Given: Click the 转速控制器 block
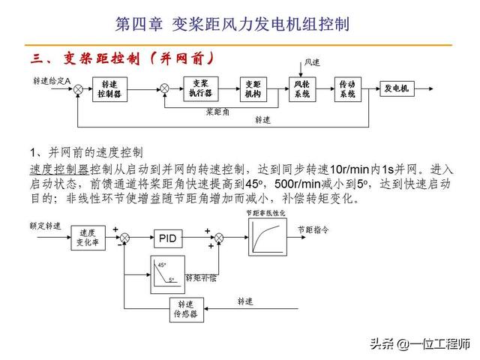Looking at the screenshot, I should click(109, 89).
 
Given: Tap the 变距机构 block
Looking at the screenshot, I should click(252, 89).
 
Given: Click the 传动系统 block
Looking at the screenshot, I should click(346, 89).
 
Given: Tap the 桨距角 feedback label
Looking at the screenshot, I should click(217, 112).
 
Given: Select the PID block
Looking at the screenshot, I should click(168, 238).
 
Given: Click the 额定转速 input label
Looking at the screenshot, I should click(45, 225).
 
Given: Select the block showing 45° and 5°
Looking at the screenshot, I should click(169, 271).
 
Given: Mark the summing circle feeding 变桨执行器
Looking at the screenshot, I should click(165, 88).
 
